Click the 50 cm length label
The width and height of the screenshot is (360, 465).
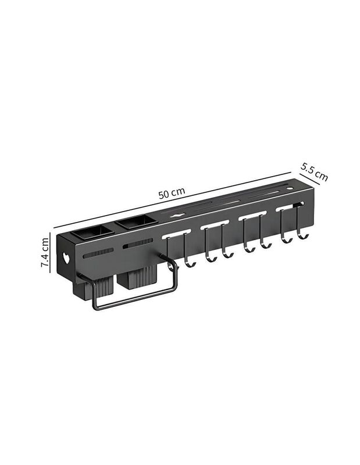[172, 193]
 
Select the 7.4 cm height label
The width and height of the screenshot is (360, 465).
[45, 252]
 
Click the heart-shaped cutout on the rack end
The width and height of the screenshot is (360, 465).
[66, 258]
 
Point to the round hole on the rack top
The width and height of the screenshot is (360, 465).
[290, 188]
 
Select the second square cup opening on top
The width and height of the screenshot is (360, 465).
[136, 222]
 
